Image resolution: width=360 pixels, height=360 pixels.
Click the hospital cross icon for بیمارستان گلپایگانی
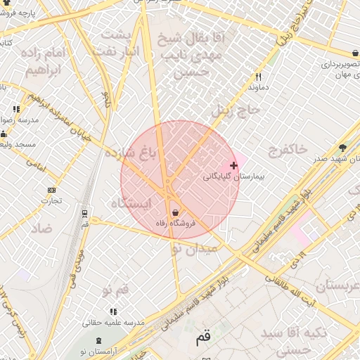(x=233, y=165)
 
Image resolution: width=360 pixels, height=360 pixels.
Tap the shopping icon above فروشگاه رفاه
(x=174, y=212)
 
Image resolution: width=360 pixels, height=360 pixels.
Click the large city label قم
(x=203, y=338)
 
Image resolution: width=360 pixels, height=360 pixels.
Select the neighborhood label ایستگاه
(x=131, y=202)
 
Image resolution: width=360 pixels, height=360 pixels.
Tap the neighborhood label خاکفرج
(x=288, y=149)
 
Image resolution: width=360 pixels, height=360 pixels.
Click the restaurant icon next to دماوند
(x=259, y=77)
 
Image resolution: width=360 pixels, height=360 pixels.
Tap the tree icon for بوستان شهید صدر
(x=342, y=148)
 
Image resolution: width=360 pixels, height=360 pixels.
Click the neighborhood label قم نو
(x=116, y=289)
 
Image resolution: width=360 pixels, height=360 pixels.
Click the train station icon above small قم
(x=85, y=214)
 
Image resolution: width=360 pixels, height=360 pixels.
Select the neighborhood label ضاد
(x=41, y=229)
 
